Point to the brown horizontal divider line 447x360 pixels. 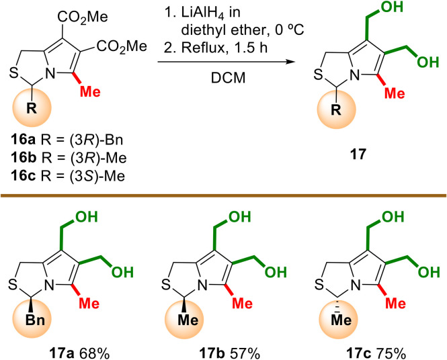tap(223, 197)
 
